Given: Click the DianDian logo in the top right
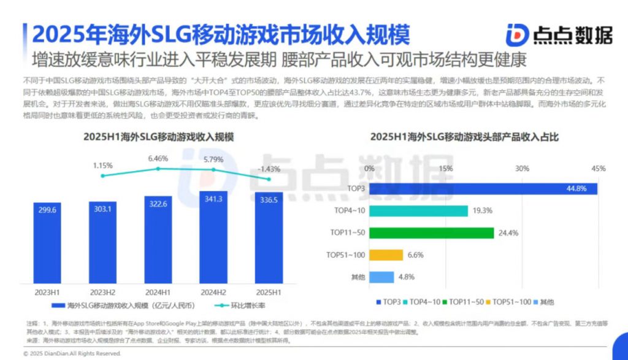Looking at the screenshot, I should click(x=559, y=35).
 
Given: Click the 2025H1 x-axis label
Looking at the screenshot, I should click(x=269, y=292).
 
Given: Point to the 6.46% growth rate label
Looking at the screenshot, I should click(x=158, y=158).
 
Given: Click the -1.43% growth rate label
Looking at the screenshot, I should click(x=269, y=169).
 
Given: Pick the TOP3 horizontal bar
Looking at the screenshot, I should click(x=483, y=188).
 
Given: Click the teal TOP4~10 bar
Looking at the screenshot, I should click(x=419, y=210).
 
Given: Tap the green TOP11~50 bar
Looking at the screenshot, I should click(x=432, y=232).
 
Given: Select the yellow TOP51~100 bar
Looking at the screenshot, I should click(x=386, y=255).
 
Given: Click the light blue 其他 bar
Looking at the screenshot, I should click(x=381, y=277).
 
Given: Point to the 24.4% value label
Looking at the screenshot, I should click(x=508, y=233).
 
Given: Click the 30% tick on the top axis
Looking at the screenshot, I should click(x=521, y=168).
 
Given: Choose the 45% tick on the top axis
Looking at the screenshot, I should click(x=598, y=168).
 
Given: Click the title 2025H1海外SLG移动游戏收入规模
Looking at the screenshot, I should click(x=159, y=137).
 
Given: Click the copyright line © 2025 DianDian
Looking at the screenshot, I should click(x=72, y=354).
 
